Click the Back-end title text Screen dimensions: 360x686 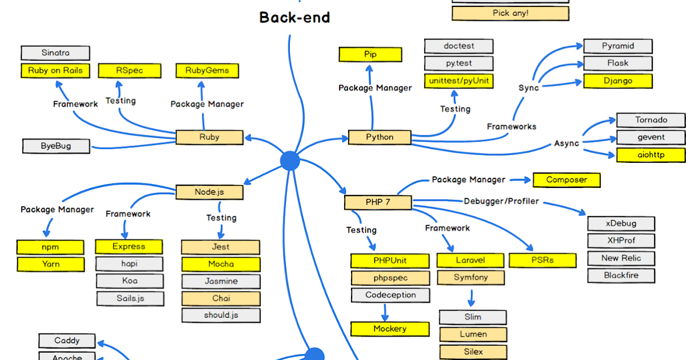point(294,17)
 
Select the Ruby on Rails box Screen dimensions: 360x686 point(55,71)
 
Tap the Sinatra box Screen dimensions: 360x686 point(55,53)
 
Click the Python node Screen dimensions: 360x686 point(380,137)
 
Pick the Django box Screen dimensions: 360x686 point(617,81)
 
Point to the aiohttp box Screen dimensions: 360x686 point(651,155)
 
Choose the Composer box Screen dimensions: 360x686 point(567,180)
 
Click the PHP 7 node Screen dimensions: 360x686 point(377,202)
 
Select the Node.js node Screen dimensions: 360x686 point(209,192)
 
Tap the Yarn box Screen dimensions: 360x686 point(50,265)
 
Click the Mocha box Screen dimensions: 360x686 point(220,264)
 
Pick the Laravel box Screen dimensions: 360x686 point(470,261)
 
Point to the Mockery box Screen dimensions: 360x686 point(389,329)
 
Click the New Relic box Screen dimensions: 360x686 point(621,258)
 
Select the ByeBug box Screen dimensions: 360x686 point(56,146)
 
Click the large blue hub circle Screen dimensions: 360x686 point(290,161)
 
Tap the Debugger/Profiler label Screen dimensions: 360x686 point(501,202)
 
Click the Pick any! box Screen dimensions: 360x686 point(510,13)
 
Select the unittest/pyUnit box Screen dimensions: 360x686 point(458,81)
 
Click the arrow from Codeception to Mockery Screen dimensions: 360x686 point(385,312)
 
